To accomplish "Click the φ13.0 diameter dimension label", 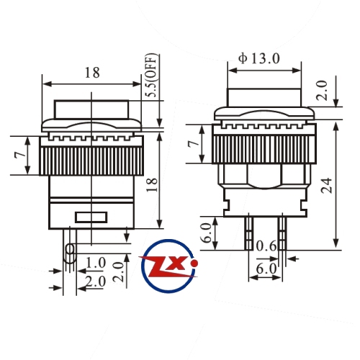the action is pyautogui.click(x=259, y=58).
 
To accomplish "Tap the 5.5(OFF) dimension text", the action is pyautogui.click(x=153, y=76).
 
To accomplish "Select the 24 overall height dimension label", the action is pyautogui.click(x=327, y=186).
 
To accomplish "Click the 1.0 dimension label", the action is pyautogui.click(x=96, y=263).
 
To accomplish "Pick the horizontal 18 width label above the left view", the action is pyautogui.click(x=92, y=73).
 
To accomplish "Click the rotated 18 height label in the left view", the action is pyautogui.click(x=152, y=184).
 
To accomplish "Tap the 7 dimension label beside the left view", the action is pyautogui.click(x=20, y=156).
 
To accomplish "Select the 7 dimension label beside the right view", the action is pyautogui.click(x=194, y=143).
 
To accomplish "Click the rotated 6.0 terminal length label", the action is pyautogui.click(x=207, y=233).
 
